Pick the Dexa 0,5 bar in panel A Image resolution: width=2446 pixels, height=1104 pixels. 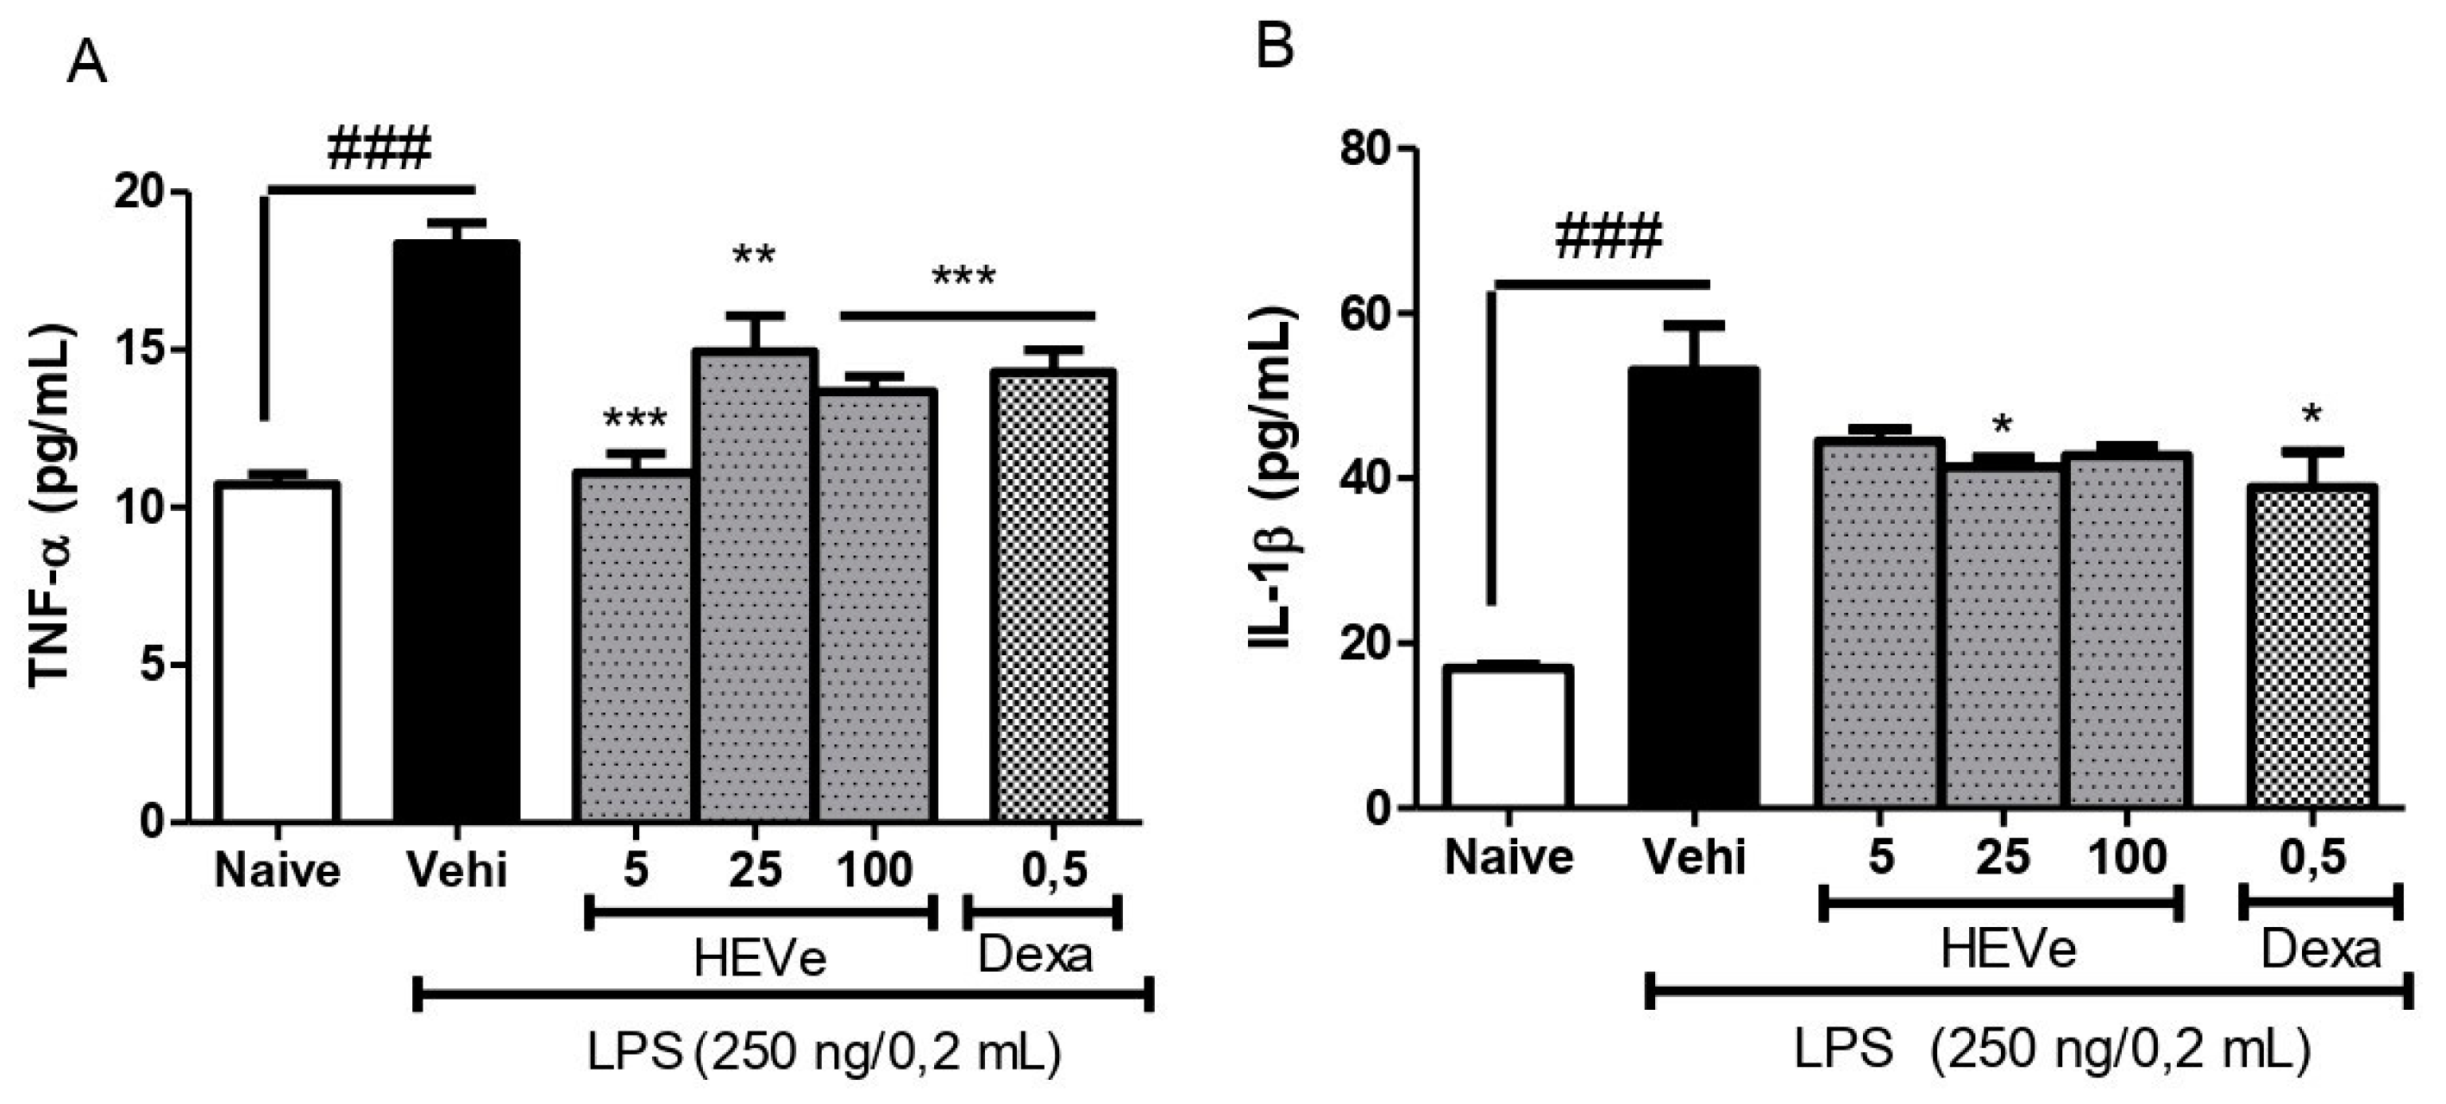(1053, 596)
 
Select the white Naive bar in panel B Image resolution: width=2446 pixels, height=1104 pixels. (1508, 737)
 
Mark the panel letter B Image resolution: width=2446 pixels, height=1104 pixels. (1276, 44)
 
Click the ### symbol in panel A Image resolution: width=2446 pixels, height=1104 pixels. (379, 148)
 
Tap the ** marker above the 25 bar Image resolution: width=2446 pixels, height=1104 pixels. (754, 256)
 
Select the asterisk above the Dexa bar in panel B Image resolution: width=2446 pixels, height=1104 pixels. (2312, 415)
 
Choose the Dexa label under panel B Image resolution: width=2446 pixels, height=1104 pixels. (2321, 949)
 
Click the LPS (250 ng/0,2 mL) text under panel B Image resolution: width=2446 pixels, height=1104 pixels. (2052, 1050)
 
